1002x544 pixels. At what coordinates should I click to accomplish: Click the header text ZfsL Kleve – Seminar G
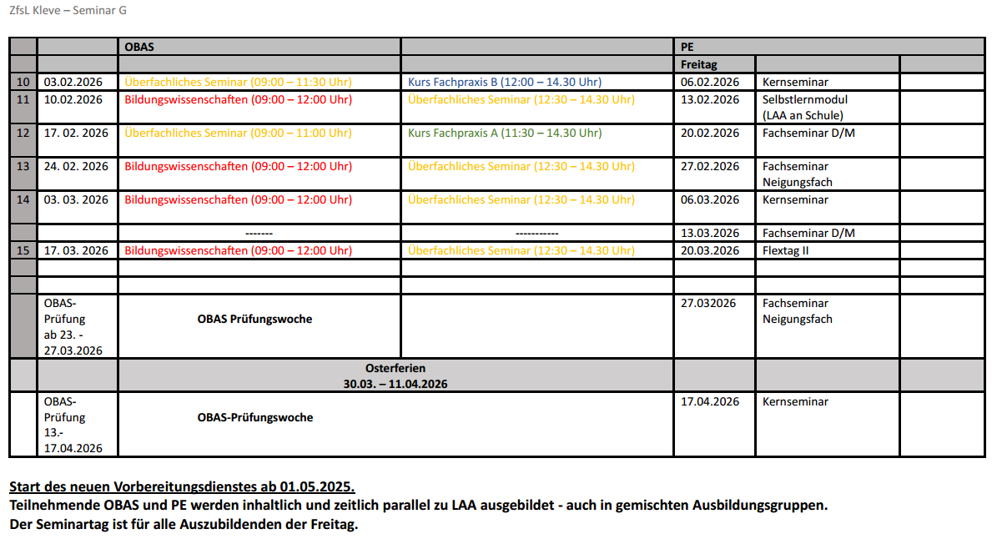(68, 11)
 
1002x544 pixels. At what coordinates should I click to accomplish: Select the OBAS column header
(139, 47)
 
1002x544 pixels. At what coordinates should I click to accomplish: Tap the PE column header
(687, 47)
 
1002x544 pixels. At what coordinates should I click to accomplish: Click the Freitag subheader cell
(698, 64)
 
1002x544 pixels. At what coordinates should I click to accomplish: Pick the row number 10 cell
(23, 82)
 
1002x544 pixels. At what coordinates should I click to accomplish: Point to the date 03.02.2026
(73, 82)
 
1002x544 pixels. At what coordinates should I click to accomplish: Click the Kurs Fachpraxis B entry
(504, 82)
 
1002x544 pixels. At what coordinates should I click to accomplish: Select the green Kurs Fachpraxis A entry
(504, 133)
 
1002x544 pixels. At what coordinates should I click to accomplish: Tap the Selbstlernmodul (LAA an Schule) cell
(804, 108)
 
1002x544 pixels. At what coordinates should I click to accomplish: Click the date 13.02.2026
(710, 99)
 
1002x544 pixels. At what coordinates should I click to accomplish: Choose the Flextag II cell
(786, 250)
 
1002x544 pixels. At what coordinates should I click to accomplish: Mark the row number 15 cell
(23, 250)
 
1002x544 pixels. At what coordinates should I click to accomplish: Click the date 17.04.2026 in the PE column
(710, 401)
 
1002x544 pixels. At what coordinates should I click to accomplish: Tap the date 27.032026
(708, 303)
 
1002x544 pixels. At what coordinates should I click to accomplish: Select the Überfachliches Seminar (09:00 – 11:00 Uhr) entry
(238, 133)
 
